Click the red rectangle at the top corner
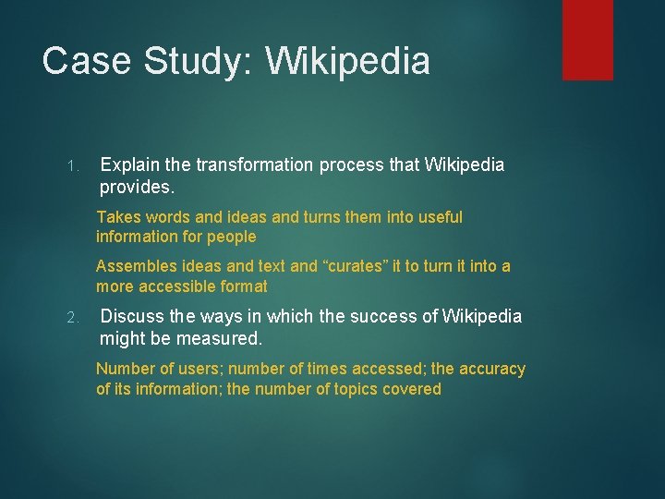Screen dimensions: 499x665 (587, 39)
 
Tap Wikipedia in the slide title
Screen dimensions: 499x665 (348, 61)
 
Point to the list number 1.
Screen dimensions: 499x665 (73, 166)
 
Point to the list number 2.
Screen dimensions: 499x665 (74, 318)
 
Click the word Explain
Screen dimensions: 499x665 (128, 165)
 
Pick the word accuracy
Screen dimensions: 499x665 (492, 369)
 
